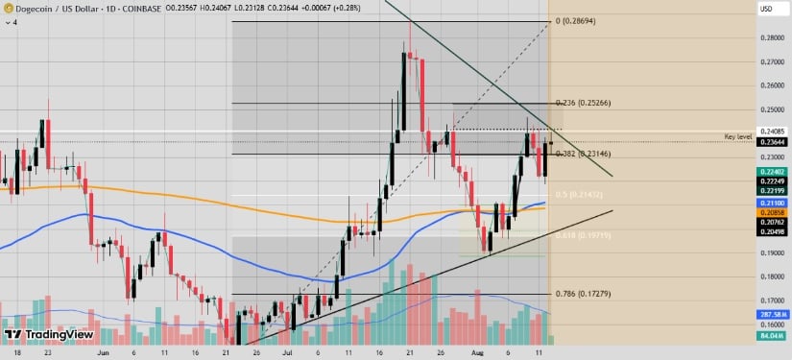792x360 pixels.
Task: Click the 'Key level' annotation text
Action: pyautogui.click(x=738, y=138)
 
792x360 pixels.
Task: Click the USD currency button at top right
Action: pyautogui.click(x=766, y=9)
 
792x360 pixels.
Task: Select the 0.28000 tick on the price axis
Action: pyautogui.click(x=771, y=38)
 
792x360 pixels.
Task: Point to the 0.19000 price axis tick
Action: pyautogui.click(x=771, y=253)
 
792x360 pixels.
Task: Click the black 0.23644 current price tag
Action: pyautogui.click(x=771, y=143)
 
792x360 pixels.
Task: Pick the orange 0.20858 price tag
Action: pyautogui.click(x=771, y=212)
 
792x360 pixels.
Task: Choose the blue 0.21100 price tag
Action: pyautogui.click(x=771, y=204)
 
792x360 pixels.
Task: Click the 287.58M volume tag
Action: pyautogui.click(x=771, y=314)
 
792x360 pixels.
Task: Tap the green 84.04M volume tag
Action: pyautogui.click(x=771, y=336)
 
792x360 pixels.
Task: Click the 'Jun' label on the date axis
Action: pyautogui.click(x=104, y=352)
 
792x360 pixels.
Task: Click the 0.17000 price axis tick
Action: pyautogui.click(x=771, y=300)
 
